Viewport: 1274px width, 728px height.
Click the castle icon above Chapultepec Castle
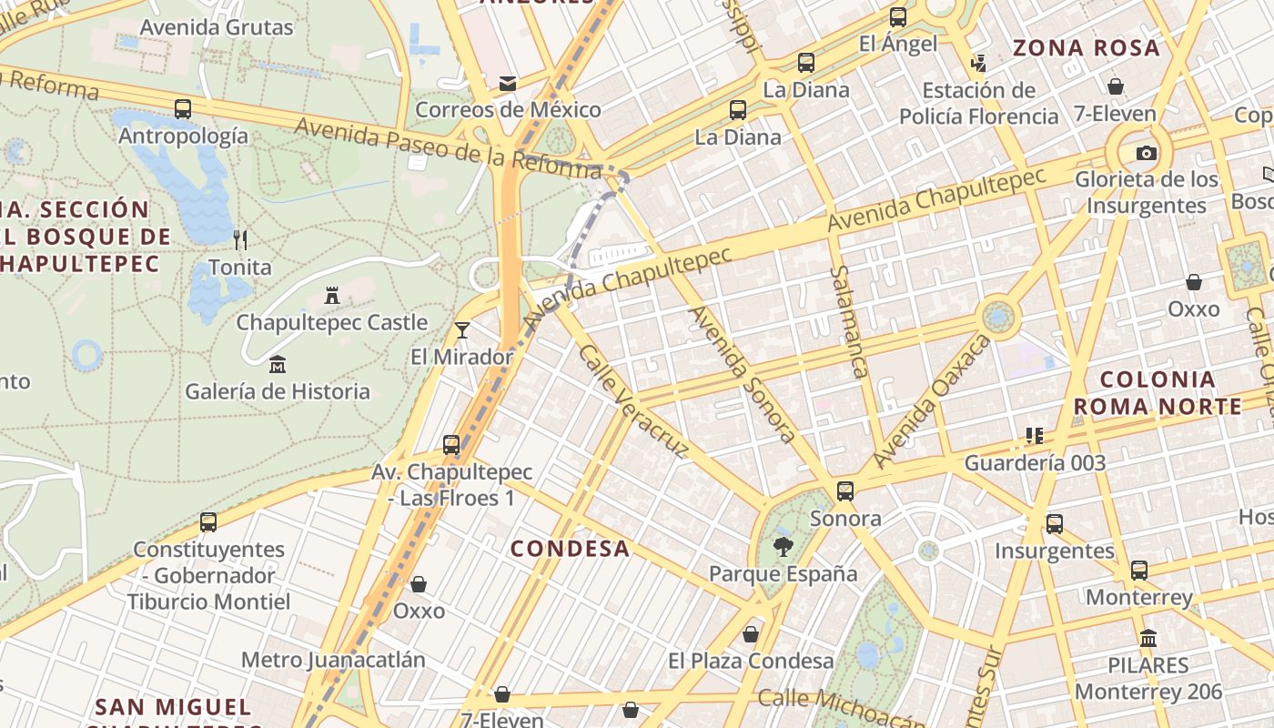coord(332,296)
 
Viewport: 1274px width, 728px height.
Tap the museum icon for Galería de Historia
coord(278,365)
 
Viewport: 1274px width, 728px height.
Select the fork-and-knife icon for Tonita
coord(240,240)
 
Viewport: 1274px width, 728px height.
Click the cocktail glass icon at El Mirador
coord(462,329)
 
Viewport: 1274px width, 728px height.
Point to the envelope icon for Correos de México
coord(508,84)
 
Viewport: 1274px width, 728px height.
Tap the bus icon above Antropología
coord(183,109)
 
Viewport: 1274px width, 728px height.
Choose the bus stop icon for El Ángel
coord(898,17)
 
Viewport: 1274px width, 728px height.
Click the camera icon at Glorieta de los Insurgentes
coord(1147,153)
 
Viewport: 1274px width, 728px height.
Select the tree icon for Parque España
coord(783,547)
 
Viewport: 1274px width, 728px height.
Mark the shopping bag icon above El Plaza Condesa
coord(751,634)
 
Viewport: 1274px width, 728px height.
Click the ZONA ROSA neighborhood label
coord(1087,48)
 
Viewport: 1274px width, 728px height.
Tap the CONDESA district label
coord(570,548)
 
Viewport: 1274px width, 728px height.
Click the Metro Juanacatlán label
coord(333,660)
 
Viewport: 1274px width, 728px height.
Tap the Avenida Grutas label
coord(217,27)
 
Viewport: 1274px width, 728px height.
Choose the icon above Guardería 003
coord(1034,436)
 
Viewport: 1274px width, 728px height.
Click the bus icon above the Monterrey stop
coord(1139,571)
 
